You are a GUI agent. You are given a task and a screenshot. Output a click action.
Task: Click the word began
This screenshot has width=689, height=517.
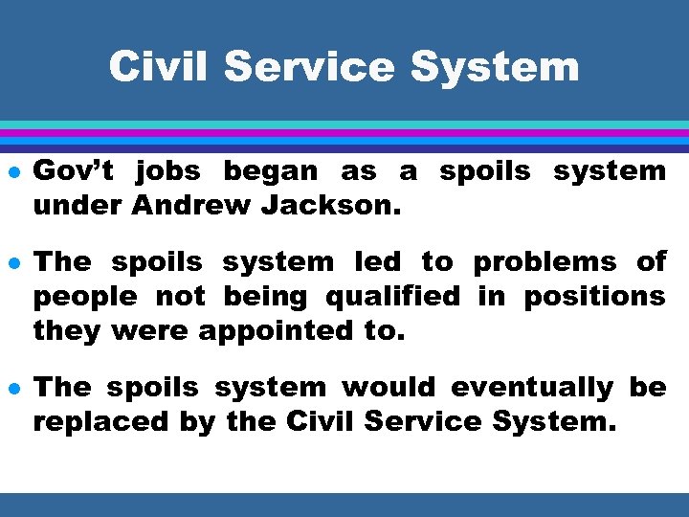[x=271, y=171]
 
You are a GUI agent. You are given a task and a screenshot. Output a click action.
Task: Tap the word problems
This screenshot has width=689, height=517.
[x=546, y=262]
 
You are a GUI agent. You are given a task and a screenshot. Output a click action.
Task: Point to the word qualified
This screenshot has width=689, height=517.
[x=392, y=297]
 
